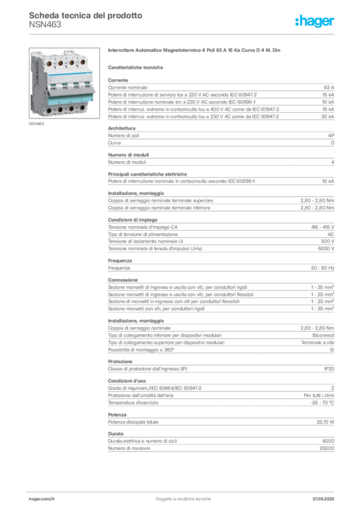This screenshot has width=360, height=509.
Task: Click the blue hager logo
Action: click(315, 21)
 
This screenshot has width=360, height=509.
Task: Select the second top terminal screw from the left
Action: click(60, 64)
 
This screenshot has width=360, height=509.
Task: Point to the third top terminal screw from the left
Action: click(71, 63)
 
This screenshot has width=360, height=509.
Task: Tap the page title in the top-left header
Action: click(85, 15)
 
